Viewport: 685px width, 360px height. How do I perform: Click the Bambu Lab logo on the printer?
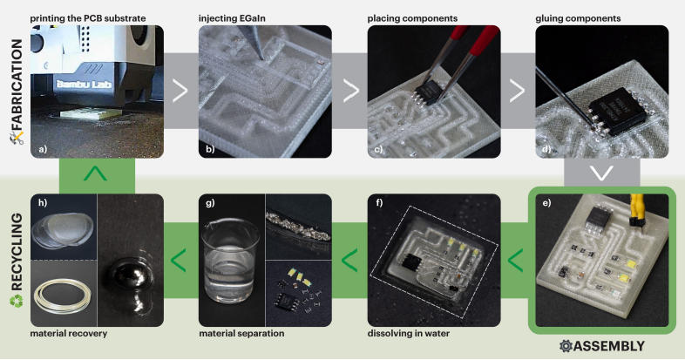click(x=84, y=84)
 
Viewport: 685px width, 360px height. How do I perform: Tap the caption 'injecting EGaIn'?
click(x=232, y=18)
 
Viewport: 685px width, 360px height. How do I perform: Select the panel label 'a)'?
click(x=43, y=149)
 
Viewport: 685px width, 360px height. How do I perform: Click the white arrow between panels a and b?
click(x=180, y=91)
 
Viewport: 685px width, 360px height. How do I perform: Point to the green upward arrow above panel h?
click(x=95, y=173)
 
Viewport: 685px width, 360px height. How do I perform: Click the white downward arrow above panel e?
click(x=601, y=173)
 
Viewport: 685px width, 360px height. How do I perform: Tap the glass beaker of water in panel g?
click(x=229, y=261)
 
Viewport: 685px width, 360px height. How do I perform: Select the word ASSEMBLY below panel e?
click(x=609, y=346)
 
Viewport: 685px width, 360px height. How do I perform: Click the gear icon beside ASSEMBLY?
click(x=566, y=346)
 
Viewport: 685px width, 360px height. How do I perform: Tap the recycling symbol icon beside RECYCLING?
click(x=17, y=301)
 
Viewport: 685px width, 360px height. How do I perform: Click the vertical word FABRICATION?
click(x=17, y=85)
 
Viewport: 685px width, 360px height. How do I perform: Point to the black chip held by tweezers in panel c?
click(x=428, y=92)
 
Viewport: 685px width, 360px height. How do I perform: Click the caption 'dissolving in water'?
click(x=409, y=333)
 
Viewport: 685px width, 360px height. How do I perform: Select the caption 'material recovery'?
click(x=69, y=333)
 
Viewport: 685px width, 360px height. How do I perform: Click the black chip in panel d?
click(x=617, y=111)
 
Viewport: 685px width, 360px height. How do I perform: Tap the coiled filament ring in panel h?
click(x=62, y=296)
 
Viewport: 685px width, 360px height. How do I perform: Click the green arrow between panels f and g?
click(x=349, y=261)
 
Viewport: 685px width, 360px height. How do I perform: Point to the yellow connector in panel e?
click(x=636, y=210)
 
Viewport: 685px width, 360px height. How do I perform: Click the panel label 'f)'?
click(x=379, y=203)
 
